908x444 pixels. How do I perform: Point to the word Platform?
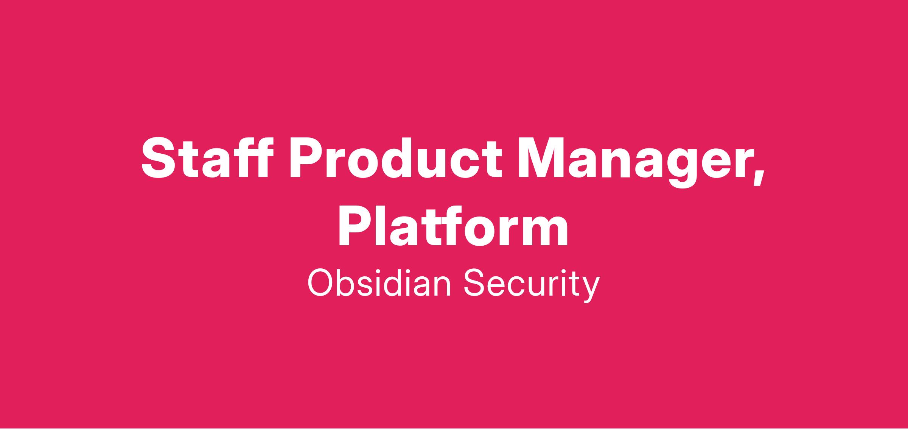(453, 226)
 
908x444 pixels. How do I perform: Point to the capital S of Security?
(475, 283)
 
